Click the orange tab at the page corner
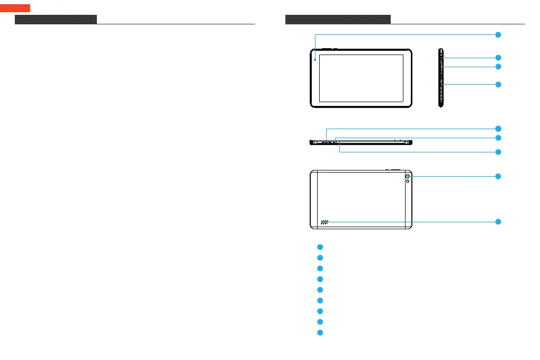click(x=15, y=8)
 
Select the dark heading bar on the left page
click(x=56, y=20)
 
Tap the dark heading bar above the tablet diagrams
click(x=338, y=20)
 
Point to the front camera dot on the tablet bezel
click(x=315, y=59)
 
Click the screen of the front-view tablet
click(x=361, y=78)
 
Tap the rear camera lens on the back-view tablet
click(x=408, y=176)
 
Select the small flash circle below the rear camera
click(x=408, y=182)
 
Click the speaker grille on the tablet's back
click(x=323, y=222)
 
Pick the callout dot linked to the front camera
click(x=498, y=34)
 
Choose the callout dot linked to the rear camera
click(x=498, y=176)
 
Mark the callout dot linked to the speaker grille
click(x=498, y=221)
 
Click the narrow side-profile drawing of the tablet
click(x=440, y=78)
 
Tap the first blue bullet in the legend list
click(x=320, y=247)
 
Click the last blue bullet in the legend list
click(x=320, y=332)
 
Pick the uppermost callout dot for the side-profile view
click(x=498, y=57)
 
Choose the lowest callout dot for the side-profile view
click(x=498, y=85)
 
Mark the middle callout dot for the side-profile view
click(x=498, y=67)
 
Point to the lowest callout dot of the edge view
click(x=498, y=152)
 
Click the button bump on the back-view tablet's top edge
click(x=392, y=170)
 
